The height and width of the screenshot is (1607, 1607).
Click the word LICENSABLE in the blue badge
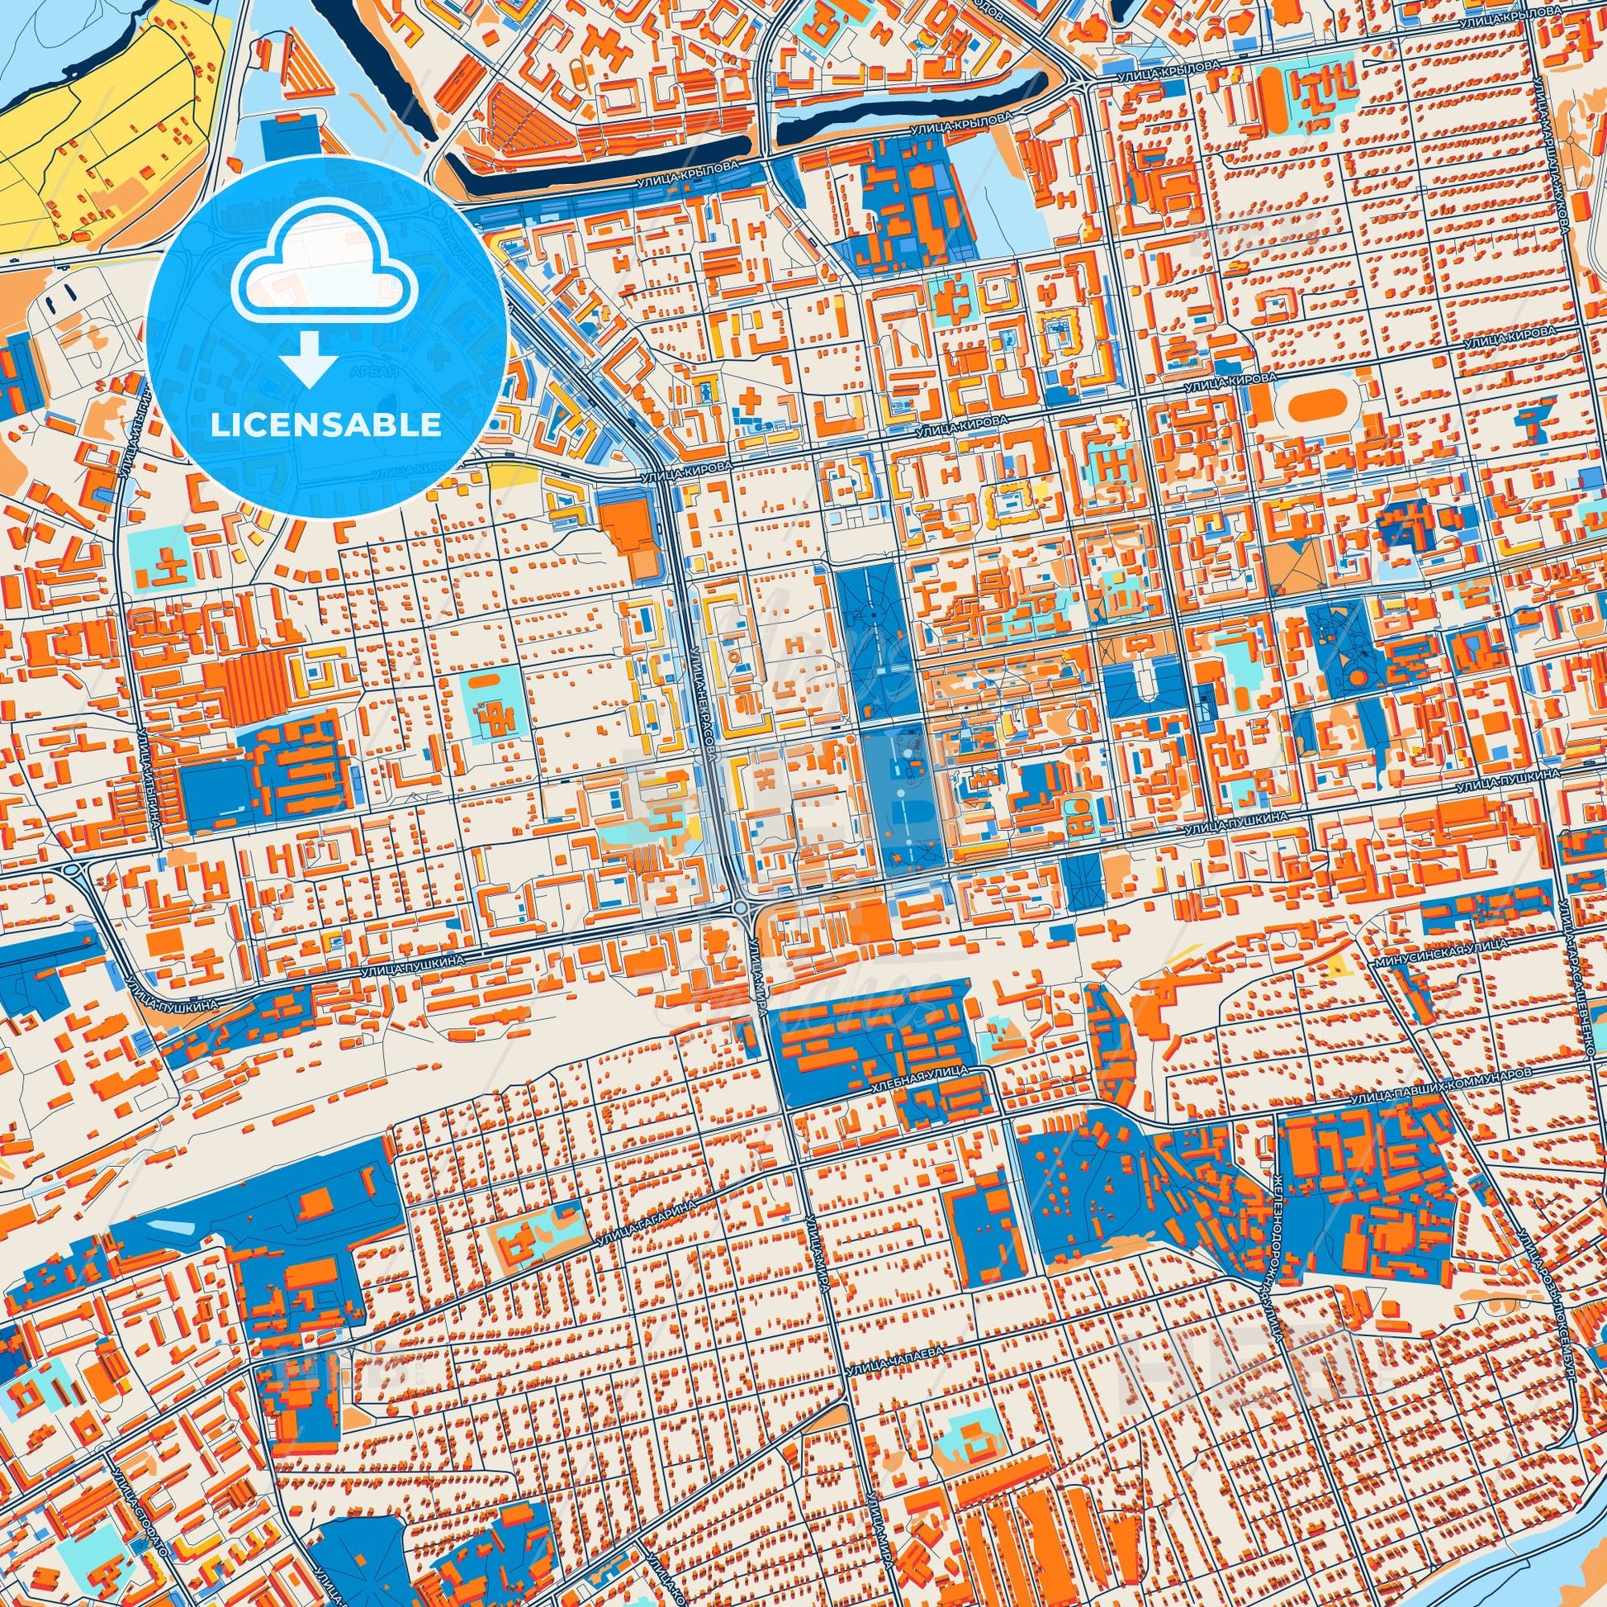coord(326,424)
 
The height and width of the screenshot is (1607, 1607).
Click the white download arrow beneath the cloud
coord(309,358)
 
